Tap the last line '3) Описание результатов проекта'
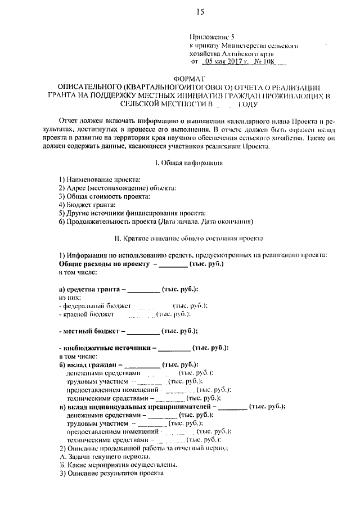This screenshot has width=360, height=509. click(111, 474)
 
